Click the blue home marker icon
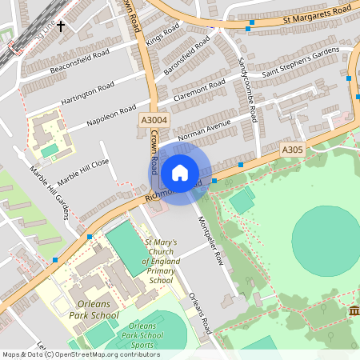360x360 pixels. coord(180,173)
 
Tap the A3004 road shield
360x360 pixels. coord(154,119)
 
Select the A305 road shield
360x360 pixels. coord(293,150)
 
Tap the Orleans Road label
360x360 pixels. coord(200,314)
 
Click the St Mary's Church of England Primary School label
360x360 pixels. coord(160,262)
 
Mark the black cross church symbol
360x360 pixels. coord(61,26)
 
